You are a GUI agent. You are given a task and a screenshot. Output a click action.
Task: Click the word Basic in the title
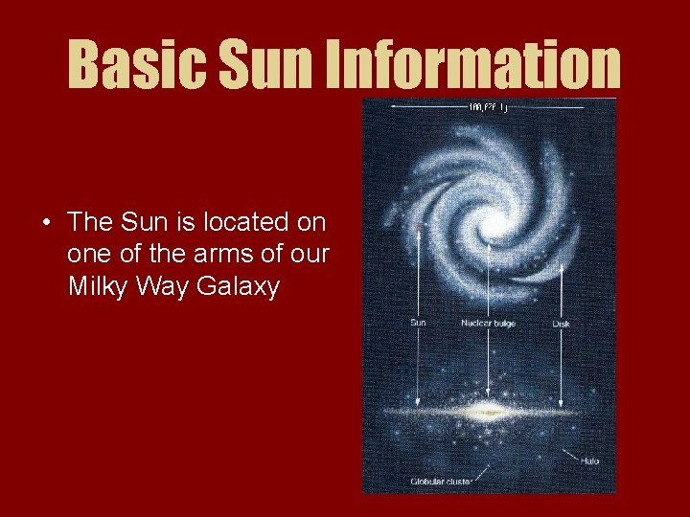point(134,63)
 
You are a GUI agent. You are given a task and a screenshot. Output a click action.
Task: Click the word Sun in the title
point(264,63)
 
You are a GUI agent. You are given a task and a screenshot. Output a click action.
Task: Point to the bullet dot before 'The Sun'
point(46,224)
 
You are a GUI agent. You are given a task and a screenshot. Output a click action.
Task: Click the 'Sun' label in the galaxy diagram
point(418,323)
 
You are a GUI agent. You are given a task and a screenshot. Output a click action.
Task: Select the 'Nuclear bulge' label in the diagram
point(489,323)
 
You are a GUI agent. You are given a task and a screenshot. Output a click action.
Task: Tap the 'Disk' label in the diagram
point(562,323)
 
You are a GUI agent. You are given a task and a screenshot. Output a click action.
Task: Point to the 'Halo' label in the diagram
point(589,461)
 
